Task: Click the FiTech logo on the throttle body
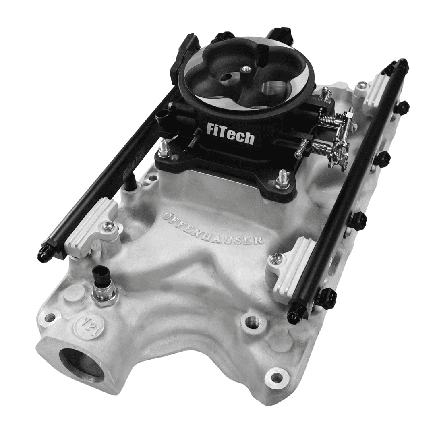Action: (x=230, y=133)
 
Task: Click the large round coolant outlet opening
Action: (x=82, y=364)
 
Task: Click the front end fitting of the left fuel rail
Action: (x=45, y=253)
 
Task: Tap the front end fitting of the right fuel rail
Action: (x=293, y=317)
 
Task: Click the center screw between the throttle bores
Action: (x=245, y=70)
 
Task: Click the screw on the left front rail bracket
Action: (x=108, y=226)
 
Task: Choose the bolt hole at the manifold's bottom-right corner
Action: (x=276, y=378)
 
